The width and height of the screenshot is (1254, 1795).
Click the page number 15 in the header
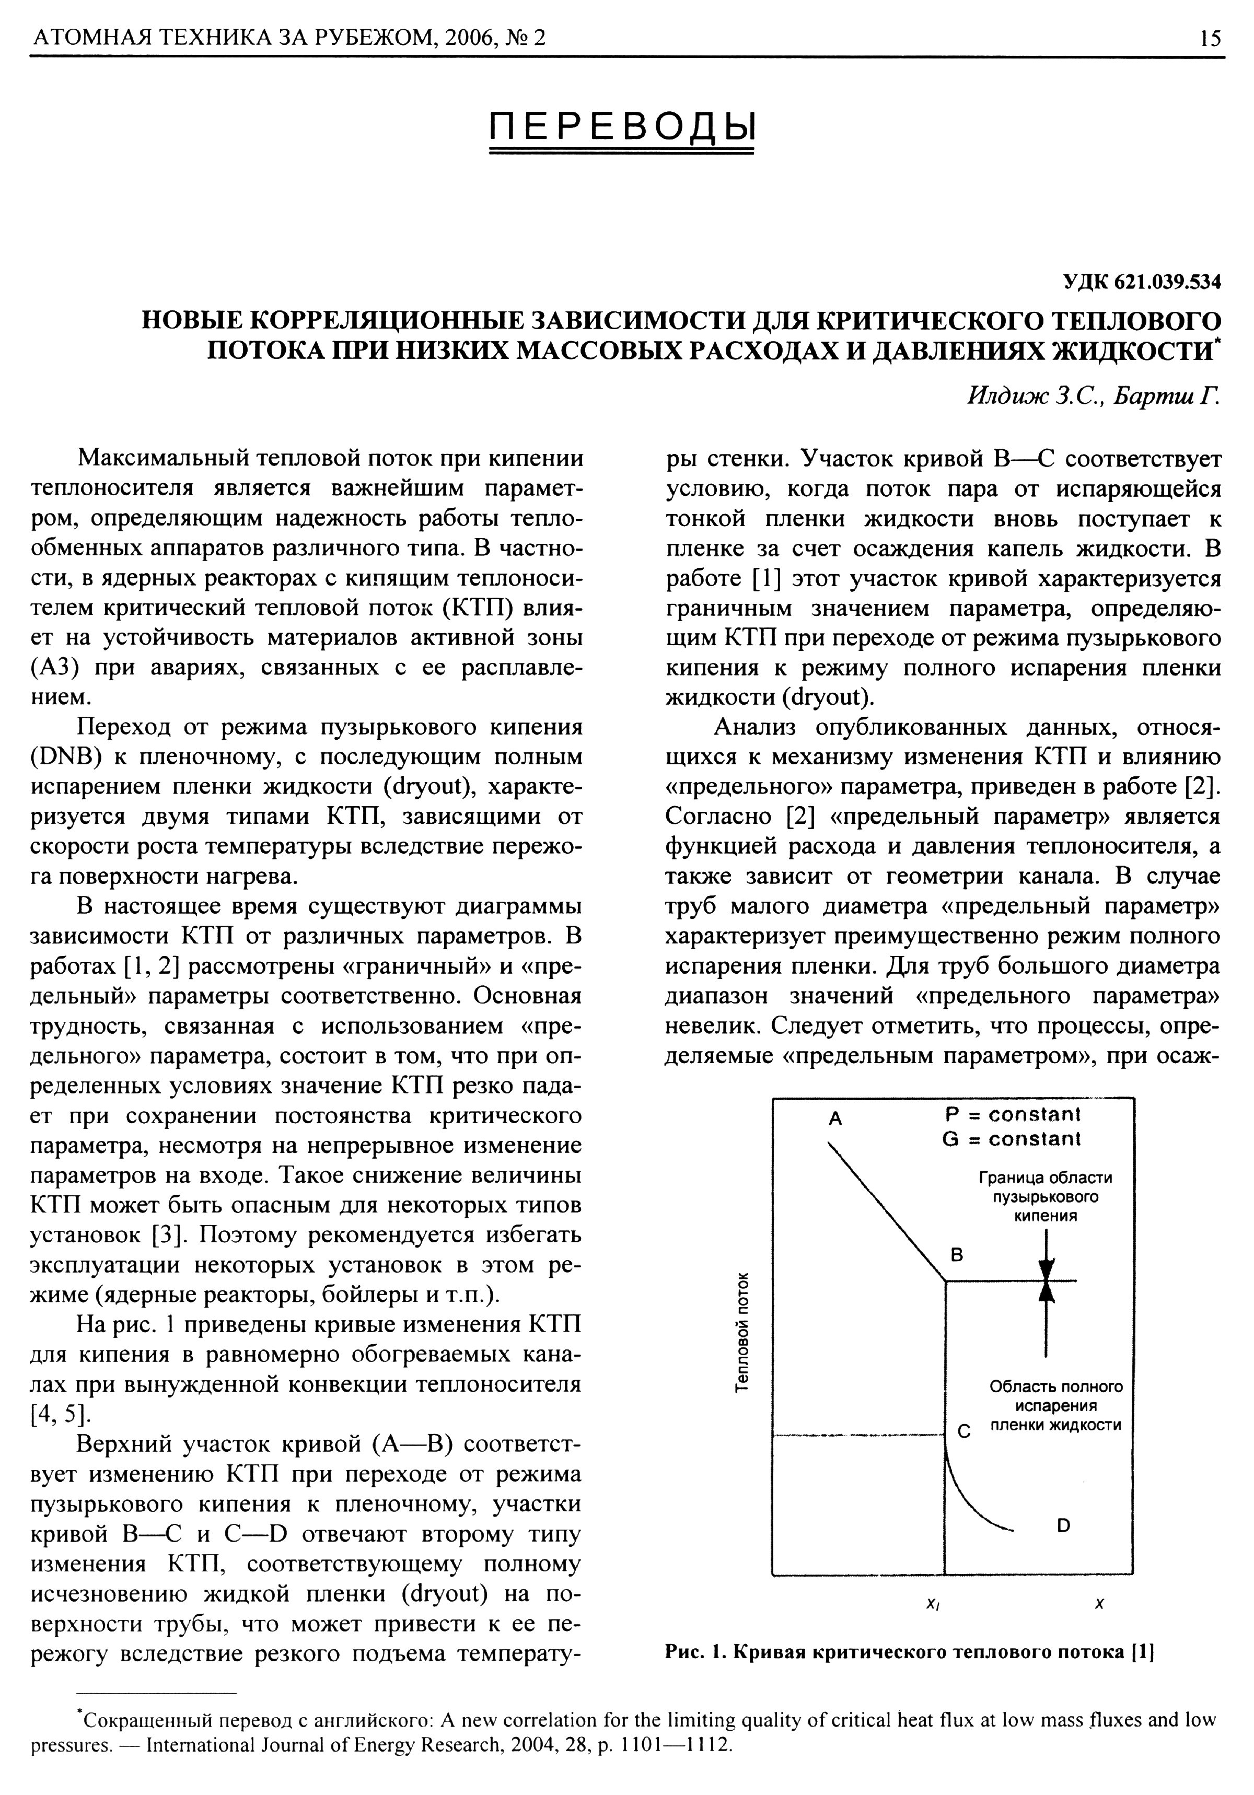click(x=1209, y=38)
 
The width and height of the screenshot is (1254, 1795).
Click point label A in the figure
click(x=835, y=1119)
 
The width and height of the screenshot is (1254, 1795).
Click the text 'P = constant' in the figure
click(x=1012, y=1113)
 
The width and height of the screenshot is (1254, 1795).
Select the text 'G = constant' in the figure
click(x=1012, y=1139)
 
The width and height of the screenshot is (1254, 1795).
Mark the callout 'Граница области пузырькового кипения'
click(x=1044, y=1197)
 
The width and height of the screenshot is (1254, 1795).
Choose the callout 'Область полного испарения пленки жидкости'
click(x=1055, y=1406)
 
